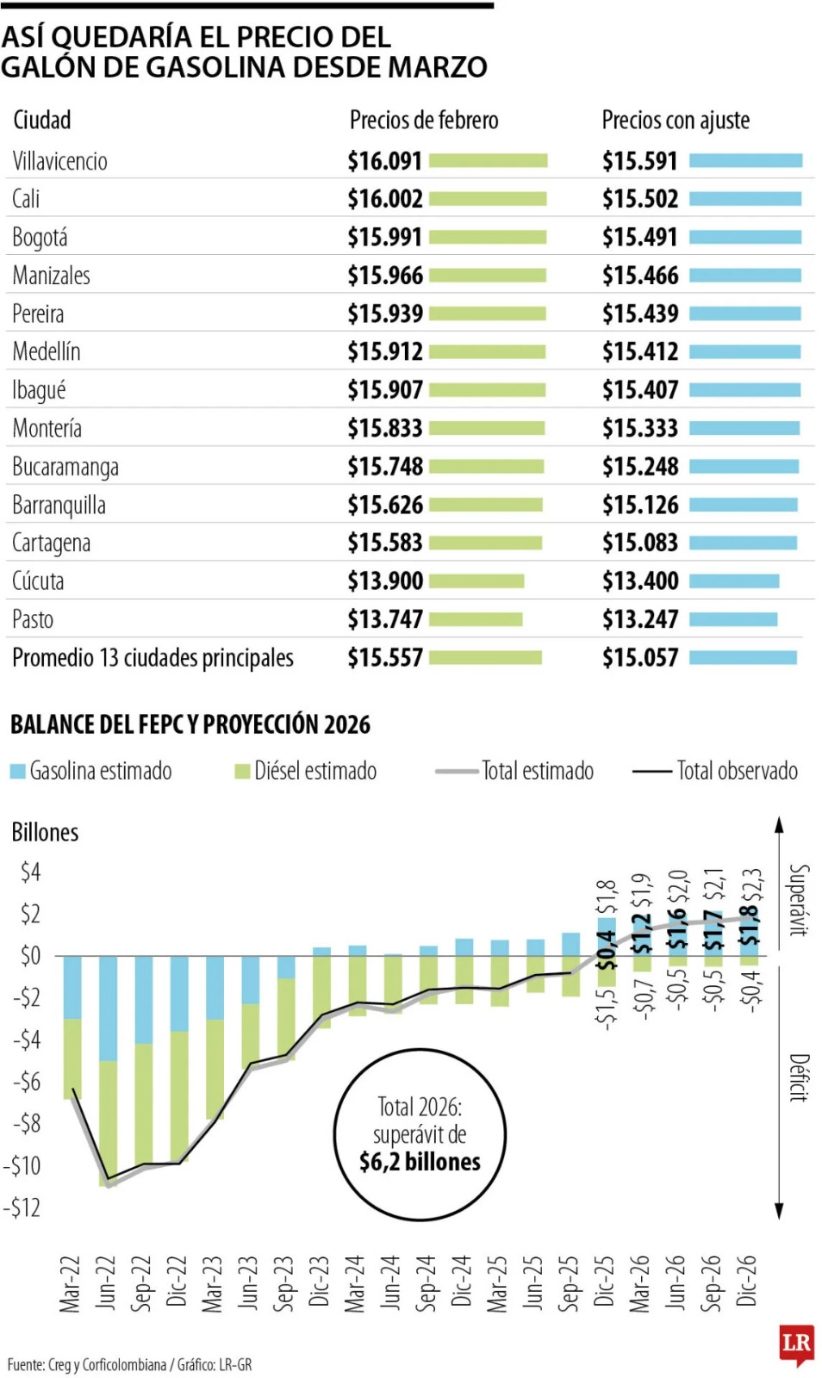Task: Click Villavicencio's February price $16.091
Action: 384,161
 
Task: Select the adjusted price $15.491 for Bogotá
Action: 640,237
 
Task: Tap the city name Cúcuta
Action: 38,580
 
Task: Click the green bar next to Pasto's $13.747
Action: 476,619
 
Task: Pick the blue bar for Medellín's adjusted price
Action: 744,352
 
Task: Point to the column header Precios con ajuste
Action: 676,120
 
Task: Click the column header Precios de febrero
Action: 424,120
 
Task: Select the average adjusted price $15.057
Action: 640,658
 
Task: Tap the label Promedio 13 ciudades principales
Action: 153,658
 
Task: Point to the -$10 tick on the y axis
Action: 22,1165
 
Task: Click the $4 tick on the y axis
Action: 30,872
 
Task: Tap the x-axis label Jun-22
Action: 106,1282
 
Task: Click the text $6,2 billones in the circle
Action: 420,1162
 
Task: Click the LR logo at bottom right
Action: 796,1344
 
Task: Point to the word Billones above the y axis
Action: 45,832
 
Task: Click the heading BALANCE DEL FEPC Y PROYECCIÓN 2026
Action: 190,724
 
